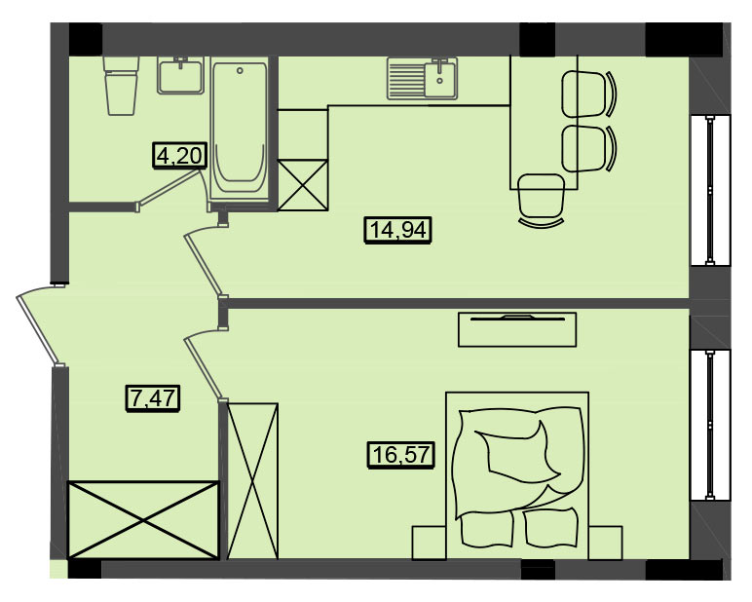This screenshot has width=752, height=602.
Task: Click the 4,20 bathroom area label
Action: pyautogui.click(x=180, y=156)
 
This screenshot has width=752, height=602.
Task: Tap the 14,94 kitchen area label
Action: pyautogui.click(x=398, y=230)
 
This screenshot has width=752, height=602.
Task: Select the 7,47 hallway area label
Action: pyautogui.click(x=153, y=398)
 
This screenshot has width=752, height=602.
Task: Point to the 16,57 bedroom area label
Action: pyautogui.click(x=401, y=454)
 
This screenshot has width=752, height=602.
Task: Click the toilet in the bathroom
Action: pyautogui.click(x=122, y=86)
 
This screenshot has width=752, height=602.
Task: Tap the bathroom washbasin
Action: pyautogui.click(x=180, y=75)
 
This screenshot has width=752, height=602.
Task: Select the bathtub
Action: pyautogui.click(x=240, y=131)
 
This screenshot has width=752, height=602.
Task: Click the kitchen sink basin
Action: pyautogui.click(x=439, y=79)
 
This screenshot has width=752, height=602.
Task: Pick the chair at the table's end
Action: pyautogui.click(x=542, y=201)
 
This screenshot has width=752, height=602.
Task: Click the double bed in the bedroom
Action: pyautogui.click(x=517, y=475)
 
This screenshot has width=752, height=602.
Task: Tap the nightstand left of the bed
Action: pyautogui.click(x=429, y=543)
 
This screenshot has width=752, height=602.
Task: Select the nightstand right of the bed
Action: pyautogui.click(x=606, y=543)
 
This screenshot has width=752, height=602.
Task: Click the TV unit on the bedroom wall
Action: pyautogui.click(x=517, y=329)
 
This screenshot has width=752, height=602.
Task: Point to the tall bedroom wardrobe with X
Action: pyautogui.click(x=252, y=481)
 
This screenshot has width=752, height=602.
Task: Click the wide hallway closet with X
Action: pyautogui.click(x=143, y=520)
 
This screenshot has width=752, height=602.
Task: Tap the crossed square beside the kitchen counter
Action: pyautogui.click(x=303, y=185)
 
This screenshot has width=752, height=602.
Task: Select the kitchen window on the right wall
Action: pyautogui.click(x=710, y=190)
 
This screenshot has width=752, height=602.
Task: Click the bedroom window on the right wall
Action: pyautogui.click(x=710, y=425)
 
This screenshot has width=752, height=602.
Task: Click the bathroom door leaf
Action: pyautogui.click(x=169, y=190)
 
